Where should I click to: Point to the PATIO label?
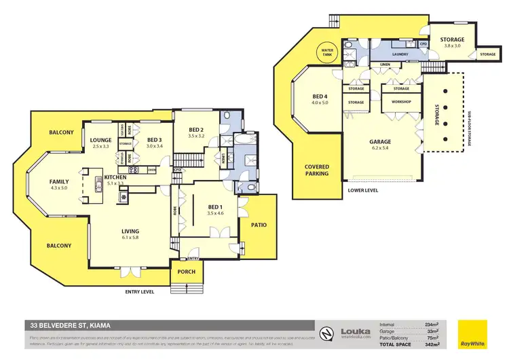coord(259,224)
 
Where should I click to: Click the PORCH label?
coord(187,272)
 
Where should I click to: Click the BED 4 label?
coord(320,96)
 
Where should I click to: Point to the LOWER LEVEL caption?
coord(363,191)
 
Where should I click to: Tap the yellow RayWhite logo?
coord(472,334)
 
